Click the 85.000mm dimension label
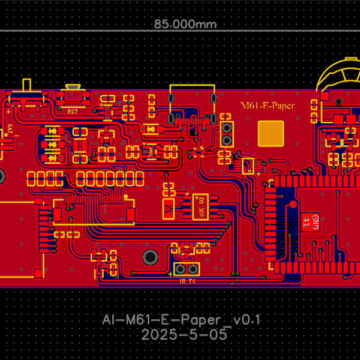tap(185, 25)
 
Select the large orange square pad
tap(271, 133)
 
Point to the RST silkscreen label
tap(72, 112)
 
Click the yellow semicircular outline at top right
tap(339, 75)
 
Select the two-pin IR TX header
tap(187, 269)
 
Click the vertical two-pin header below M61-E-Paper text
tap(227, 134)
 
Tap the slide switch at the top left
tap(26, 96)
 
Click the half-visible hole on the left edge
tap(2, 176)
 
